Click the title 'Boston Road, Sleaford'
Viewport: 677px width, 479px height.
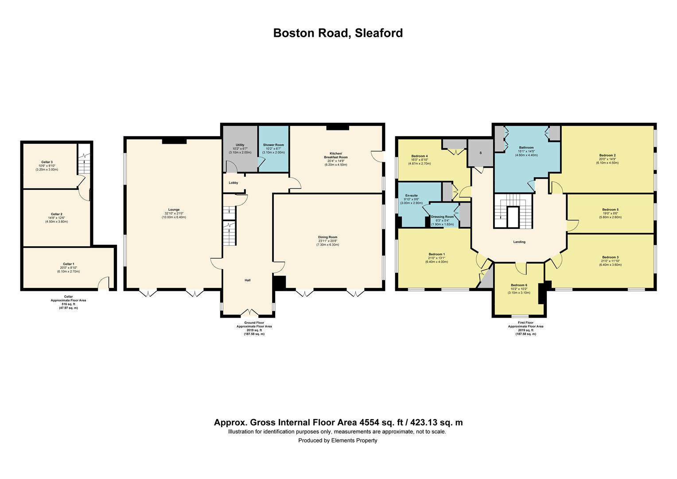(x=338, y=33)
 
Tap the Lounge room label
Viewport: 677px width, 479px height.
(x=174, y=209)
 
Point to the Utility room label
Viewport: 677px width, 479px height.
(x=240, y=145)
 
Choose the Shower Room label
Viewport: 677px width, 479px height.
(x=273, y=145)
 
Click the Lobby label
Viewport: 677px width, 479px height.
(x=233, y=183)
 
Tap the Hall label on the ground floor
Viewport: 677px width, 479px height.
(x=248, y=280)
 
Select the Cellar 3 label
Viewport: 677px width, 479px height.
(x=47, y=162)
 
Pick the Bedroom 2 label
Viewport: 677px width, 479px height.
(x=608, y=155)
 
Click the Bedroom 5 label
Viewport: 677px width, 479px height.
(x=610, y=209)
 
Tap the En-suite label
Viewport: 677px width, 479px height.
(x=411, y=195)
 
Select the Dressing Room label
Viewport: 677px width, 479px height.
(x=442, y=217)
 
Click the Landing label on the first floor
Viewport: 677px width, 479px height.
(x=519, y=242)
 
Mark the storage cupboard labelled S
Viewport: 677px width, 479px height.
(x=481, y=153)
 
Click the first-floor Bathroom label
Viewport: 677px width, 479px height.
(x=526, y=148)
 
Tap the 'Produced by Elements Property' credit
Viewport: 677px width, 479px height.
(x=338, y=440)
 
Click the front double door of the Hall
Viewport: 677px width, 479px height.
(x=248, y=313)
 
